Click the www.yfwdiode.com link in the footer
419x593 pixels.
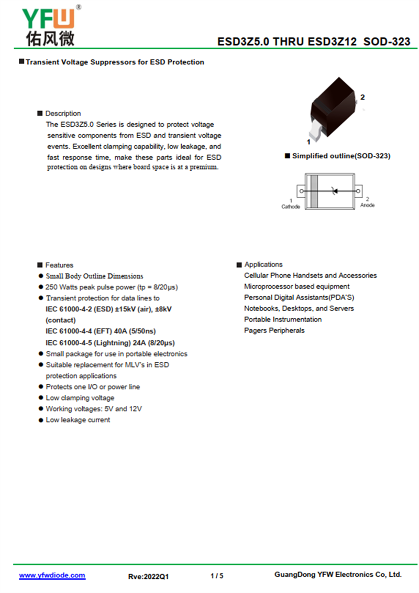(x=52, y=575)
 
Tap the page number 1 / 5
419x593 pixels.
(x=216, y=576)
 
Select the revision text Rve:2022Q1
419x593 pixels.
(x=148, y=576)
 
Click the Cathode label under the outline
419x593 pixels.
(x=291, y=207)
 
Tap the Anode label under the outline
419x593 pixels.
(x=367, y=205)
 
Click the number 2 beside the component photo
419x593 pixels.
(x=362, y=97)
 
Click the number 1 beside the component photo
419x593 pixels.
(x=308, y=142)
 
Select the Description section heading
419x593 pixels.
(x=63, y=113)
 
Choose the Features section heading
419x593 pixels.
(x=59, y=265)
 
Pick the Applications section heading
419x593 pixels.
(x=263, y=265)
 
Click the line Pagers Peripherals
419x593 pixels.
(x=274, y=330)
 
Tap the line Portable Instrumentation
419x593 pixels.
(x=283, y=319)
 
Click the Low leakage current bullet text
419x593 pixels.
(x=78, y=420)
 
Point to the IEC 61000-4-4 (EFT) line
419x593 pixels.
(x=101, y=331)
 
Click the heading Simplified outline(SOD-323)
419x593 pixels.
(x=341, y=156)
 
